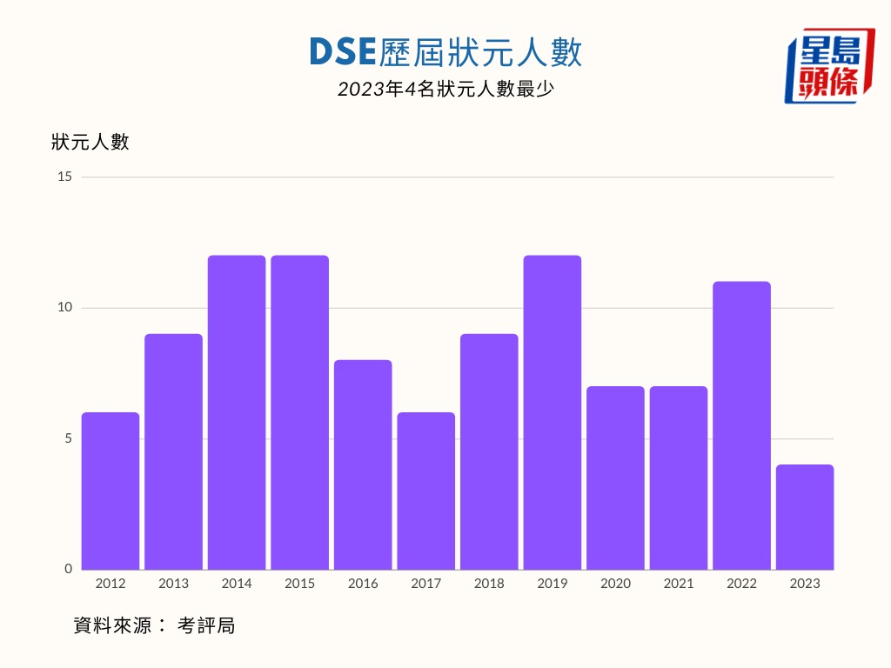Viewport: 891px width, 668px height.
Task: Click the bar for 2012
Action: pyautogui.click(x=111, y=491)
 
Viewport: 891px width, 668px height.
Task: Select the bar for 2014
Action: pyautogui.click(x=237, y=412)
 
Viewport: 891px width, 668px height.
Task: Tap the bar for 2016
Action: pyautogui.click(x=363, y=464)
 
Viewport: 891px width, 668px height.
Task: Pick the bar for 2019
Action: pyautogui.click(x=553, y=412)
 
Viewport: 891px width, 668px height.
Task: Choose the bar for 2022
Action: pyautogui.click(x=741, y=425)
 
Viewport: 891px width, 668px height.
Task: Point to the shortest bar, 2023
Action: pyautogui.click(x=805, y=517)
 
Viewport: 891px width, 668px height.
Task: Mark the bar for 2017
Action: pyautogui.click(x=426, y=491)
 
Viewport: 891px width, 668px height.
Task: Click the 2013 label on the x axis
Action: pyautogui.click(x=173, y=584)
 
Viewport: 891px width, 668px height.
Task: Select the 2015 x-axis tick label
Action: pyautogui.click(x=300, y=584)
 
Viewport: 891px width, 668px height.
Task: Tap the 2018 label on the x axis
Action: pyautogui.click(x=489, y=584)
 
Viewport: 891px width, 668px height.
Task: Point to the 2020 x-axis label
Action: pyautogui.click(x=615, y=584)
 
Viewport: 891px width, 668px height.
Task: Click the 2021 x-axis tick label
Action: pyautogui.click(x=679, y=584)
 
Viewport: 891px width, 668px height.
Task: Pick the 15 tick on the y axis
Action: pyautogui.click(x=65, y=177)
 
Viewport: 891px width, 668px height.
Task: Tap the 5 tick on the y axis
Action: pyautogui.click(x=69, y=438)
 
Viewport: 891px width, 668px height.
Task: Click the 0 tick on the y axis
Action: pyautogui.click(x=69, y=569)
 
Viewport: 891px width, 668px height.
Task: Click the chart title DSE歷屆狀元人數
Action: pyautogui.click(x=445, y=53)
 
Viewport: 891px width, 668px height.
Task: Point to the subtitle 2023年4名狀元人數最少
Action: pyautogui.click(x=445, y=89)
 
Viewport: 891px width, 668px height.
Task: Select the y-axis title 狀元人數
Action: pyautogui.click(x=90, y=142)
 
